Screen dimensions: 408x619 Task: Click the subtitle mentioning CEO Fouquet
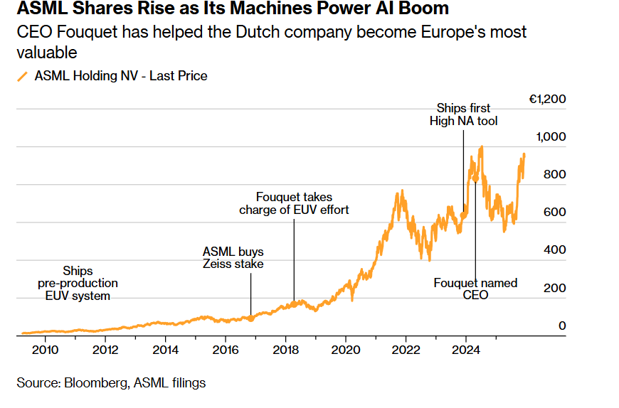[271, 42]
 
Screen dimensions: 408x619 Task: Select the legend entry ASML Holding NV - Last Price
[121, 75]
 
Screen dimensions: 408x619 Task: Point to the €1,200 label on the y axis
[547, 99]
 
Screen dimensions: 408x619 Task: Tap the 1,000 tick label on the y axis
[551, 136]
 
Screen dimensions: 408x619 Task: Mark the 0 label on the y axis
[561, 326]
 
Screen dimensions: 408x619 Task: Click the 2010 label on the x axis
[45, 349]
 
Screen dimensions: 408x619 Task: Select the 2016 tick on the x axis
[225, 349]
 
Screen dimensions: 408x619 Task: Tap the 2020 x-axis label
[345, 349]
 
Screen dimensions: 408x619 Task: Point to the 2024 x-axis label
[465, 349]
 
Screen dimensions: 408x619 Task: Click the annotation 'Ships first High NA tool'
[463, 114]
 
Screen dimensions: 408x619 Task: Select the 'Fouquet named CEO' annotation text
[475, 289]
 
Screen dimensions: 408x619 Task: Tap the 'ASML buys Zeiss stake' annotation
[233, 257]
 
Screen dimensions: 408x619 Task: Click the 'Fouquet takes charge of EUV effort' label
[294, 203]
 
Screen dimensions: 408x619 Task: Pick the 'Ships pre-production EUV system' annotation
[78, 283]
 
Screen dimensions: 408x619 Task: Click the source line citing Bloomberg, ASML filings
[111, 382]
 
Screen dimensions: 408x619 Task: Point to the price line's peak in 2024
[482, 147]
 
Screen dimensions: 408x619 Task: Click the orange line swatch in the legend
[23, 76]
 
